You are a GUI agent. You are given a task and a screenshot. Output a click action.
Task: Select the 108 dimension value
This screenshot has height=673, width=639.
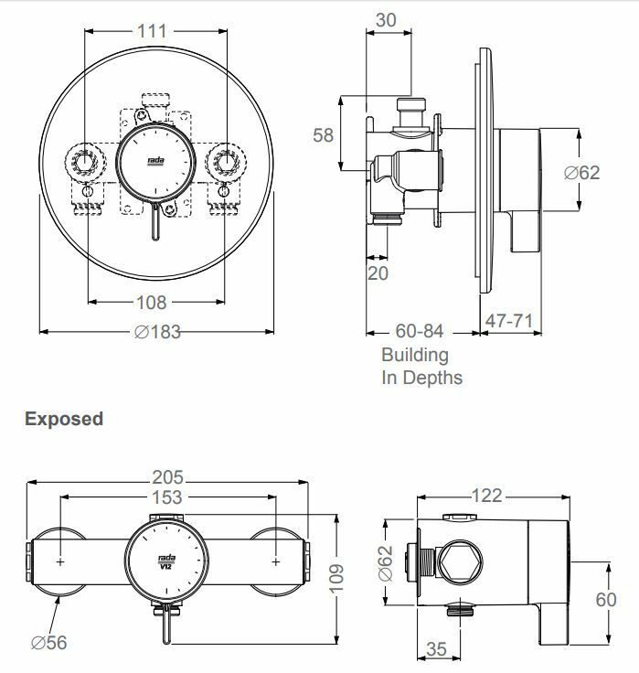click(x=153, y=303)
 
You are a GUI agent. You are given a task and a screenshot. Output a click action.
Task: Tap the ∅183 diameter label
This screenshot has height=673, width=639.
click(x=157, y=332)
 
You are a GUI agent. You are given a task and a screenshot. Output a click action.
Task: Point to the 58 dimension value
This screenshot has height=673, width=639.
click(x=323, y=135)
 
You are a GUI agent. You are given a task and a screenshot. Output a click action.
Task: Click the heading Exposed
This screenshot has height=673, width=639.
click(x=64, y=419)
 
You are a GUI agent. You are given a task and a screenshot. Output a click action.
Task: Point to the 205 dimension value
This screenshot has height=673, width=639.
click(x=167, y=476)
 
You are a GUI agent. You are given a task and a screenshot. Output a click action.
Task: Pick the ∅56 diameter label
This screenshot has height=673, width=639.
click(x=48, y=643)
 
